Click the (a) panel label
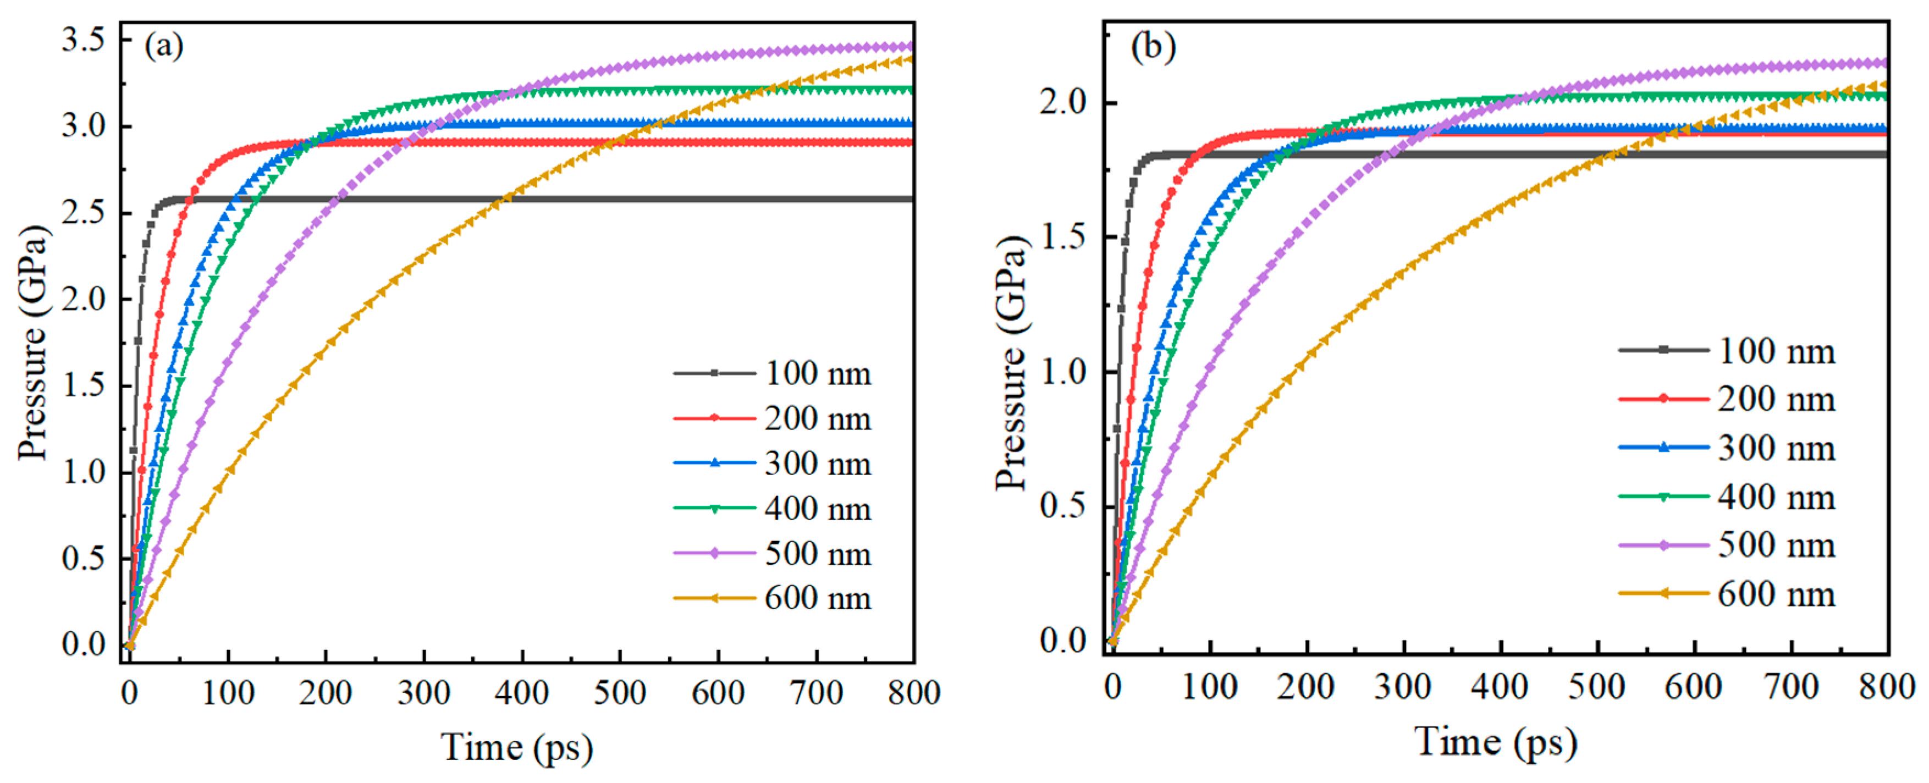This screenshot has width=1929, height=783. [163, 46]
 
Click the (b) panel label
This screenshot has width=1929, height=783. [1153, 46]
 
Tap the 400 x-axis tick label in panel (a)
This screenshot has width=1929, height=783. [522, 692]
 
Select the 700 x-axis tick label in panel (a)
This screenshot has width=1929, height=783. [816, 692]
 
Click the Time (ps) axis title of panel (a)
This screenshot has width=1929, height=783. [517, 747]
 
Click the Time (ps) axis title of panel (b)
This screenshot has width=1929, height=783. [1496, 742]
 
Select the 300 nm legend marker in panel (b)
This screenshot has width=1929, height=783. [1663, 448]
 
